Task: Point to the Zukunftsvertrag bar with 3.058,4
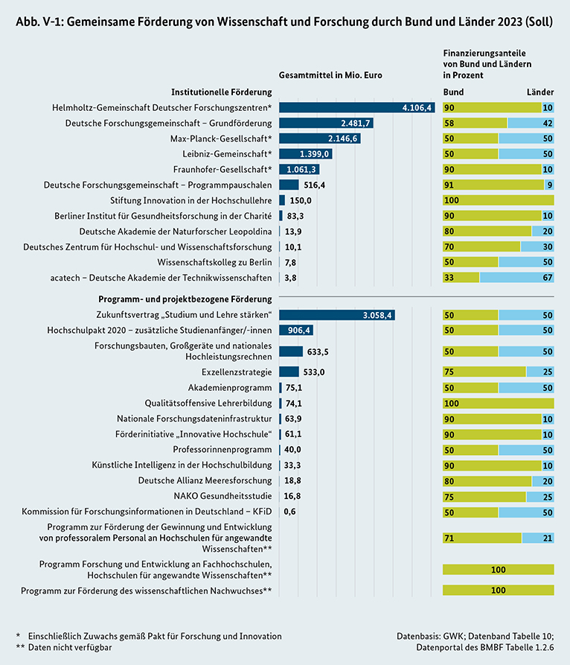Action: (x=336, y=315)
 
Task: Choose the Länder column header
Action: (x=540, y=92)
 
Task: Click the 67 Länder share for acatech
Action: (x=547, y=278)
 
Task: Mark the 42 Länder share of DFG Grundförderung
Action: (x=547, y=123)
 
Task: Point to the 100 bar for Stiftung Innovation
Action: (x=498, y=200)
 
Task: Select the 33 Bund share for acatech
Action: (x=449, y=278)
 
